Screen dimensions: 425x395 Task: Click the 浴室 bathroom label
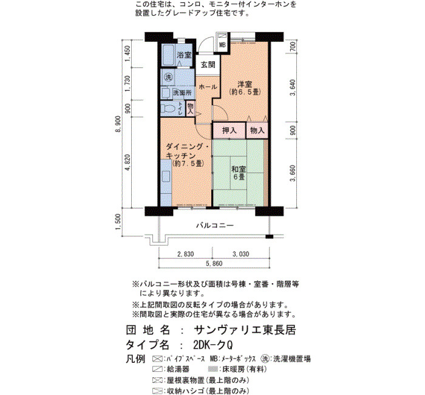[185, 55]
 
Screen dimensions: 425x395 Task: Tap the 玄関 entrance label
[208, 64]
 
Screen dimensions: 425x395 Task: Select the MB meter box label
[222, 45]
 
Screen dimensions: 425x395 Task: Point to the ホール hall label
[208, 87]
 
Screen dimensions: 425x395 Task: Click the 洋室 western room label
[245, 84]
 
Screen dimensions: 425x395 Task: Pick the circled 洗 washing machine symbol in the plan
[168, 77]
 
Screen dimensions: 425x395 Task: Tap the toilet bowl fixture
[168, 109]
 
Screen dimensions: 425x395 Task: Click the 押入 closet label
[229, 131]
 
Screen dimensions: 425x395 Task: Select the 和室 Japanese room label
[239, 170]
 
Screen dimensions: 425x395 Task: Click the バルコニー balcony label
[215, 225]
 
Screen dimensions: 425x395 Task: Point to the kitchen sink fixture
[166, 177]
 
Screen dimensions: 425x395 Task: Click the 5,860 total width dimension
[214, 263]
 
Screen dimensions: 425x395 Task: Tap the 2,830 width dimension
[185, 254]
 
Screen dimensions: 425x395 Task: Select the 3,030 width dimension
[240, 254]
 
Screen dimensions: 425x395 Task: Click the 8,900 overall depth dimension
[118, 125]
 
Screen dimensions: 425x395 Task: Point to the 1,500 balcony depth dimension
[118, 222]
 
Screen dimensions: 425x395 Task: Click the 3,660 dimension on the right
[293, 173]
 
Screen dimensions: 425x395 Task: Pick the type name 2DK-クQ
[213, 345]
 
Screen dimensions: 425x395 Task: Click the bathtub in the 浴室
[168, 55]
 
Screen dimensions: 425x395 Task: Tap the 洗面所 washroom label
[182, 93]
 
